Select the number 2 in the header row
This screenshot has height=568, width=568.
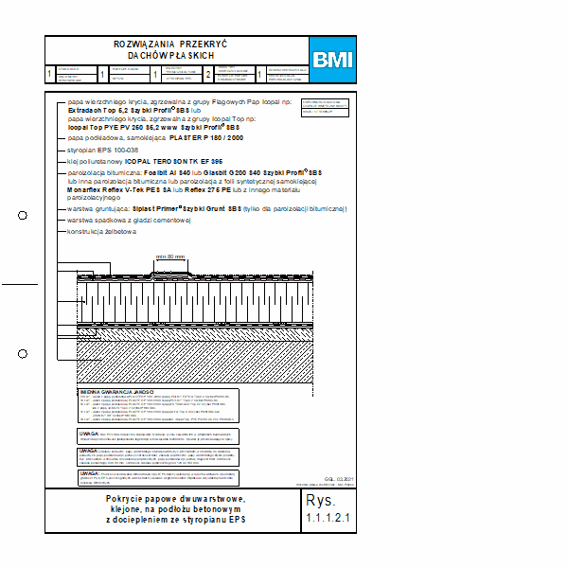[x=208, y=72]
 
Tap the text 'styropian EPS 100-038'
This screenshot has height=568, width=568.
[x=103, y=150]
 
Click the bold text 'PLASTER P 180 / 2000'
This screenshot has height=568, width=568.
[x=205, y=137]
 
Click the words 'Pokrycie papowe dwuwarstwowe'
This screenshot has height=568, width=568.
[x=176, y=499]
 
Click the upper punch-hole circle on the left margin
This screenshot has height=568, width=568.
[x=23, y=216]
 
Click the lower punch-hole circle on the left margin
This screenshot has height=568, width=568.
[x=23, y=353]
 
